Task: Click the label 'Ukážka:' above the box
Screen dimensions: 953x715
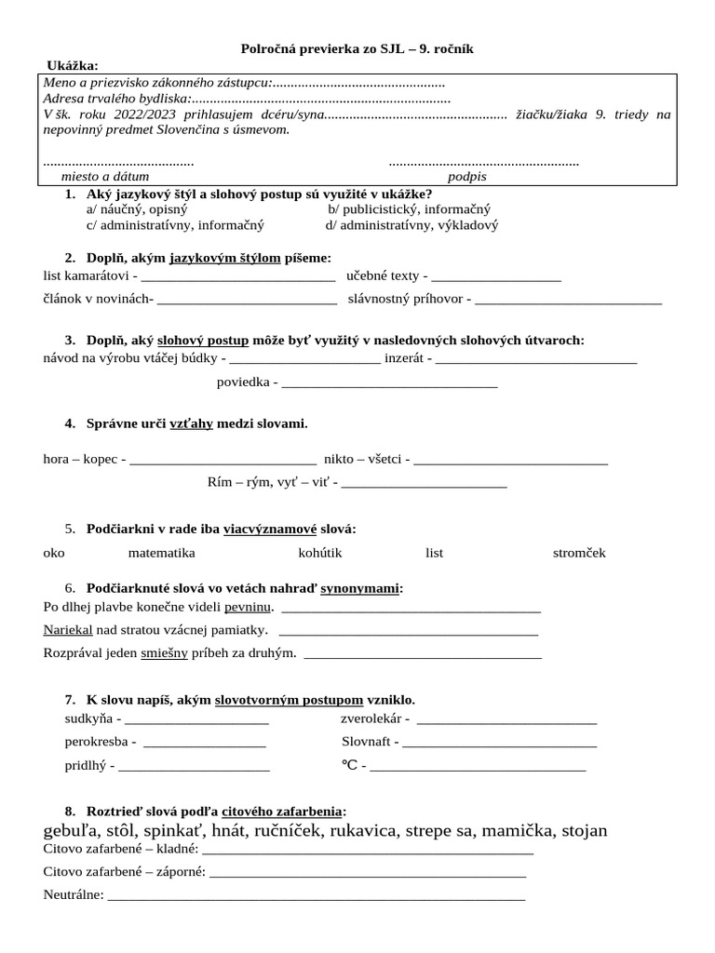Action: (73, 64)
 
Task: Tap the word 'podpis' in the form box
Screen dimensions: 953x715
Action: (466, 176)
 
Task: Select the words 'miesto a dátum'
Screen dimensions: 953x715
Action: (104, 176)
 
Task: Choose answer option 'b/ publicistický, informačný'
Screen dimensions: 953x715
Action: (409, 209)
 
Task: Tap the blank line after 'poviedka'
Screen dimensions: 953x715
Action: (389, 384)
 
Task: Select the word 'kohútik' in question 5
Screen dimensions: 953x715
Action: (320, 553)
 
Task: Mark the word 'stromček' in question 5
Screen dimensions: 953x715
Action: (579, 553)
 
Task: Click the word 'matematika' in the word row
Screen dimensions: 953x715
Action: (161, 553)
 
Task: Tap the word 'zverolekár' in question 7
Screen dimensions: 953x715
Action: (371, 719)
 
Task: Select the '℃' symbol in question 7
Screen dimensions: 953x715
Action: (350, 766)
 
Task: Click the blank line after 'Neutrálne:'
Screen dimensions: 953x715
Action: (317, 897)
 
